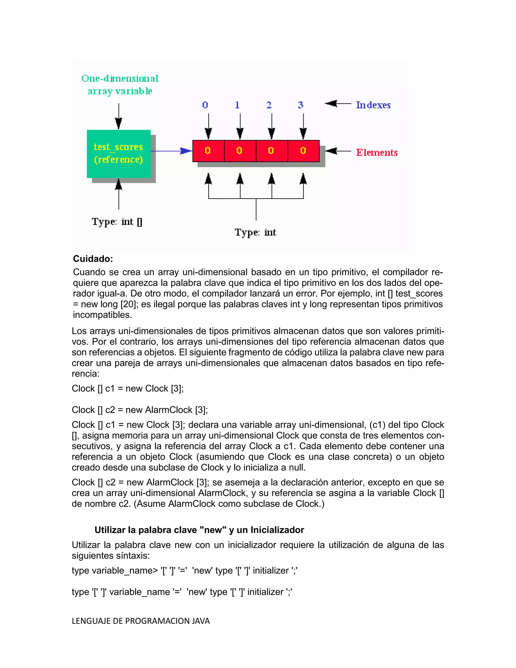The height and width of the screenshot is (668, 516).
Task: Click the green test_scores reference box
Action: point(119,154)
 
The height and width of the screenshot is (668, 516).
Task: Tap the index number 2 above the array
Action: point(269,105)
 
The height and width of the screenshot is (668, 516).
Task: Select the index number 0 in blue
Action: point(205,105)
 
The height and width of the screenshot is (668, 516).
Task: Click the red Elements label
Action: point(377,152)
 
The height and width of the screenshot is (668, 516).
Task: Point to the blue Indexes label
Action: point(373,105)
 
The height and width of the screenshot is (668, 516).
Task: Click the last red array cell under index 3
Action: point(303,151)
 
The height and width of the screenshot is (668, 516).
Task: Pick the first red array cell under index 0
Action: point(208,151)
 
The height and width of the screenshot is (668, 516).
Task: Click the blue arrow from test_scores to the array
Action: point(171,151)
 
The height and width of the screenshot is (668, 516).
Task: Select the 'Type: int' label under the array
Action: point(255,232)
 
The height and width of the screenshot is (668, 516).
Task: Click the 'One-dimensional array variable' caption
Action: point(120,85)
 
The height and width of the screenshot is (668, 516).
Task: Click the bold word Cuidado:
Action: point(93,259)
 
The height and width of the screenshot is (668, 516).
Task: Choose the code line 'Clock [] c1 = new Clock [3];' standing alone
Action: point(127,388)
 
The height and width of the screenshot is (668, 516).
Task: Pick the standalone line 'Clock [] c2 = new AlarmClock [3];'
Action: point(140,410)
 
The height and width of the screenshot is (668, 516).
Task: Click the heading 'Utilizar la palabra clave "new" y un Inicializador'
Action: point(199,530)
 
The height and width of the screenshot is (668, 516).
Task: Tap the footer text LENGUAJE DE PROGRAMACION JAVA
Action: point(141,621)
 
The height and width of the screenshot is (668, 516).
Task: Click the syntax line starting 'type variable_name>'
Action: point(184,570)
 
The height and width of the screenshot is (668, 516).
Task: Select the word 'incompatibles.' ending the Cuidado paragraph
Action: point(102,315)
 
